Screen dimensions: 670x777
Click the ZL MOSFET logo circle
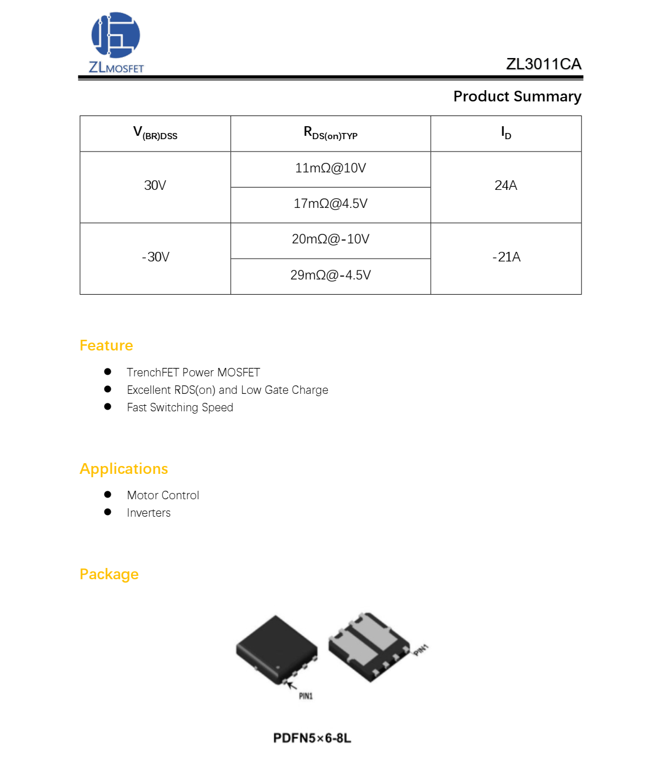115,35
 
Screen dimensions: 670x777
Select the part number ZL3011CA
543,64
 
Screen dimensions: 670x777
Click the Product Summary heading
517,96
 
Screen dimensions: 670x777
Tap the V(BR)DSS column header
155,133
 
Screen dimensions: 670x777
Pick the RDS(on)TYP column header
330,133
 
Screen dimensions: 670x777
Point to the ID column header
506,133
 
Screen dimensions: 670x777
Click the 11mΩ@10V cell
330,168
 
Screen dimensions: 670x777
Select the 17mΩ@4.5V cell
330,204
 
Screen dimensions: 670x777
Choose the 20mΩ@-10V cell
330,239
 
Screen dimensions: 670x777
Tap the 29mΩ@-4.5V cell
330,275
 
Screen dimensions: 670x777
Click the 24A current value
506,185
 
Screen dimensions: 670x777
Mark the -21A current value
506,257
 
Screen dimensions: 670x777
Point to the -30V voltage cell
155,257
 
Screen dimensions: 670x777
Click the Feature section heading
106,345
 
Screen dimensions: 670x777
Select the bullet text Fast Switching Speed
180,407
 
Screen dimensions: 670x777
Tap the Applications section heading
124,469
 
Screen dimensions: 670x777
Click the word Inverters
149,513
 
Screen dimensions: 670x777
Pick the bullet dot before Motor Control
108,494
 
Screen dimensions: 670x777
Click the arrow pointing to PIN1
292,686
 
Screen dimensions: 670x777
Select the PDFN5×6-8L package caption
312,738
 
